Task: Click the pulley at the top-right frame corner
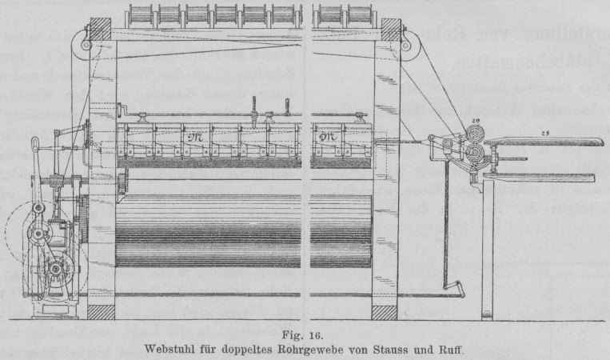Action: pyautogui.click(x=405, y=46)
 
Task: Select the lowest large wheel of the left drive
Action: pyautogui.click(x=54, y=269)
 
